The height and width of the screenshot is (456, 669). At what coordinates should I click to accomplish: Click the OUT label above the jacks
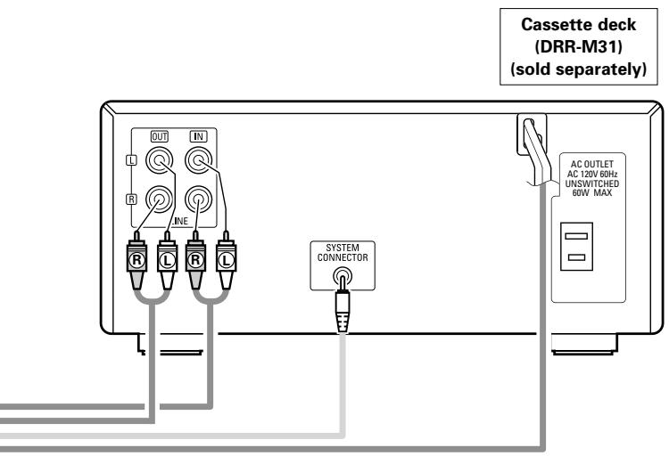159,136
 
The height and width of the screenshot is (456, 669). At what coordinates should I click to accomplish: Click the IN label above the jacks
198,136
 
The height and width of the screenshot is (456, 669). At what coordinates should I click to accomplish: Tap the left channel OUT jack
159,160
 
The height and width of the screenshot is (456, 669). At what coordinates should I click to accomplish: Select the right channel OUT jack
159,199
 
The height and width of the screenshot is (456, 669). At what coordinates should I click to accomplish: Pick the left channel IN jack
198,160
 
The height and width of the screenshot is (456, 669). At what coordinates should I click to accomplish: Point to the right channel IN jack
198,199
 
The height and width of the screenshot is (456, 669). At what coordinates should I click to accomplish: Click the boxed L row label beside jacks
131,160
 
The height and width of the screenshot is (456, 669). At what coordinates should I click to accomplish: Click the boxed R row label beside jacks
131,199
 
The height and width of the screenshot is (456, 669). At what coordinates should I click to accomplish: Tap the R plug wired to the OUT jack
137,260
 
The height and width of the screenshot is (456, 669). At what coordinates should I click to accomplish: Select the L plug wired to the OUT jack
168,260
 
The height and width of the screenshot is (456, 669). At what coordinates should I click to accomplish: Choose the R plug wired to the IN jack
196,260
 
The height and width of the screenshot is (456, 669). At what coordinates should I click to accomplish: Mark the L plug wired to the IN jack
227,260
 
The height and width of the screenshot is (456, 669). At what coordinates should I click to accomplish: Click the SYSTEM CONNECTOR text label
343,253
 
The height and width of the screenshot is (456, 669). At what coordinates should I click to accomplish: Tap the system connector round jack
343,276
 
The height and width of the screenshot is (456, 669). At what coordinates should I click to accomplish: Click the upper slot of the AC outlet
576,236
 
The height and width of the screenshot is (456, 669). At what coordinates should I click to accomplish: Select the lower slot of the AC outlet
576,257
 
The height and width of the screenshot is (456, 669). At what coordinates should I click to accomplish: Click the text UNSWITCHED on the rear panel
592,183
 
